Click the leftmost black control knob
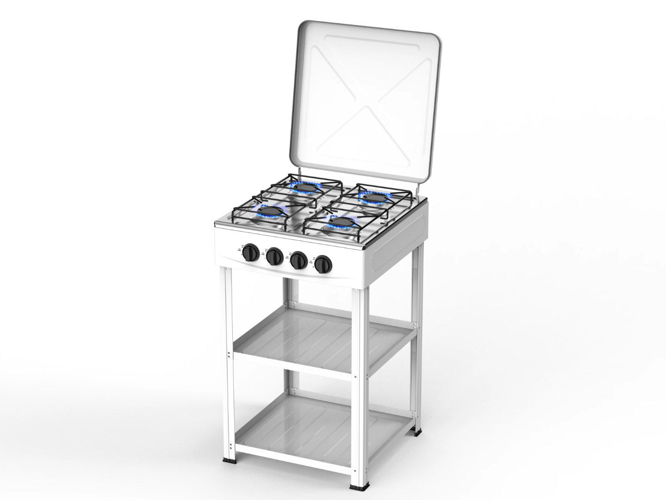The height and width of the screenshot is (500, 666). (250, 253)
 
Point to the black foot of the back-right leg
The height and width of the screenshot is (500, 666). (418, 434)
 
